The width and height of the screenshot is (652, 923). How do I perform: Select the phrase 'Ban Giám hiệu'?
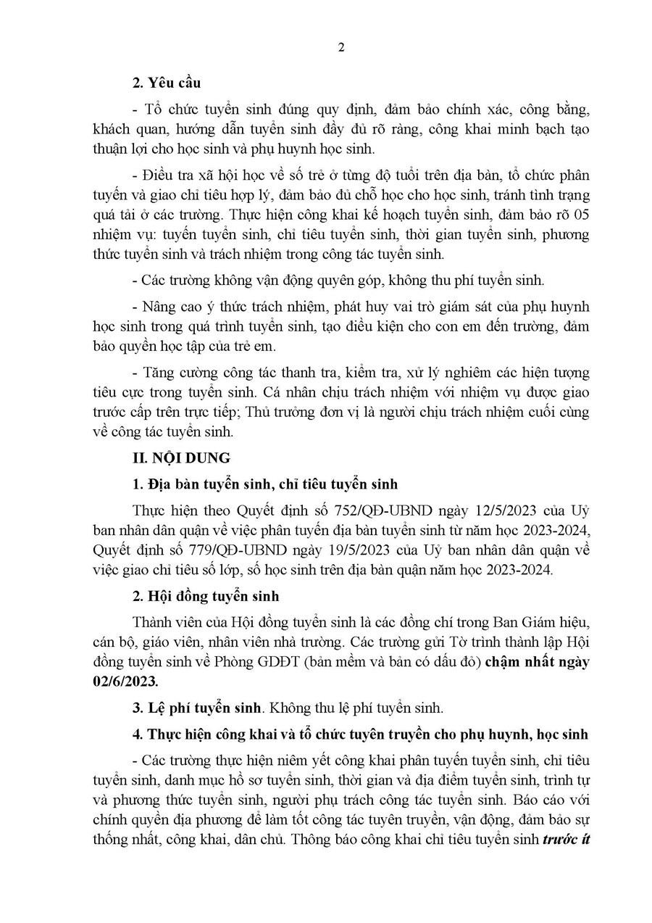click(552, 621)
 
